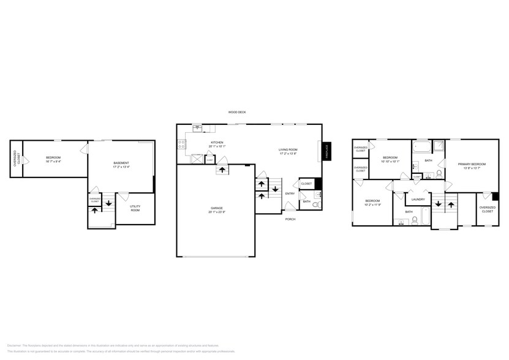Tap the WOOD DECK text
point(236,113)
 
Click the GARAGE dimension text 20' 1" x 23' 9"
point(216,212)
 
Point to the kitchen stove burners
point(181,144)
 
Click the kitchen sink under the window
point(198,128)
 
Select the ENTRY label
point(289,193)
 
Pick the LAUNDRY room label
point(418,199)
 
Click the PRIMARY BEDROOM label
point(471,163)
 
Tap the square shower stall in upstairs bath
point(439,147)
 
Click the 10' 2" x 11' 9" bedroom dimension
point(372,205)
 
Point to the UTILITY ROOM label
point(135,209)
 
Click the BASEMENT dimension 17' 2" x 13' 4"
point(121,167)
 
